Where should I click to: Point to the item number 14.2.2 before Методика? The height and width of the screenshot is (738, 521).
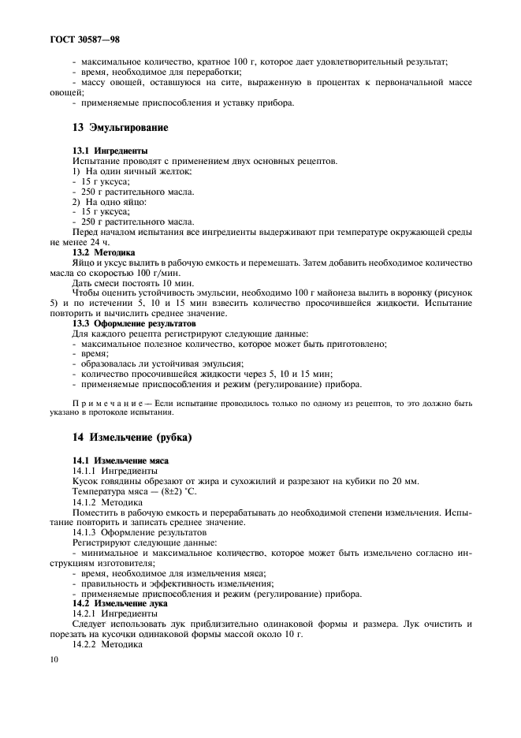[x=87, y=644]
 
